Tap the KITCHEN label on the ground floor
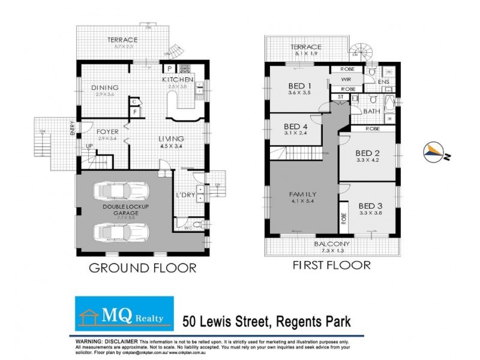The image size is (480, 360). pos(178,80)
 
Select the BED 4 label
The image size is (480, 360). pos(296,127)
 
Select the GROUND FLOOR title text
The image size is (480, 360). pos(142,267)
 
